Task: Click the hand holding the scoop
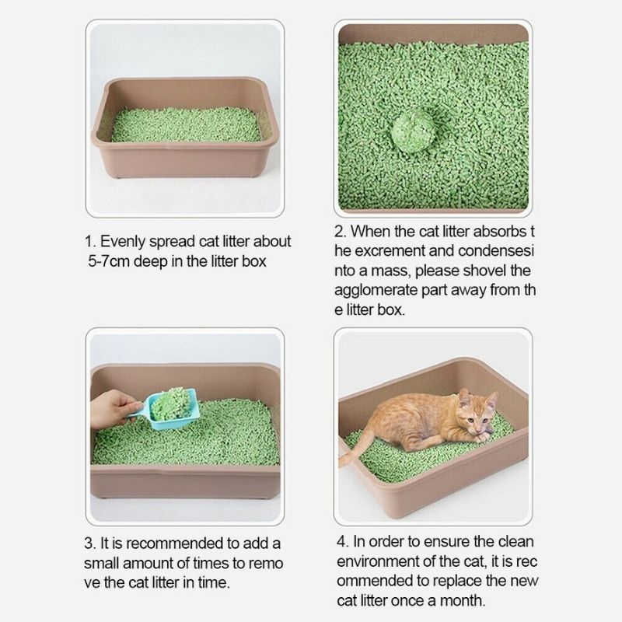(114, 408)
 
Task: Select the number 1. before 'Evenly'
(91, 241)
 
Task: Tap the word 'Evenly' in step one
(124, 241)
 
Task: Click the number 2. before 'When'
(340, 231)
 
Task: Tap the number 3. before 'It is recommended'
(91, 543)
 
